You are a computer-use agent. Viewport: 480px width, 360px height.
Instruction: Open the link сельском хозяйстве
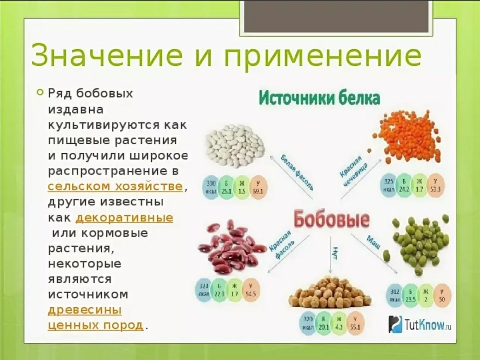(x=115, y=187)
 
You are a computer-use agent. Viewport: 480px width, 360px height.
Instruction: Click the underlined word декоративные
(x=124, y=218)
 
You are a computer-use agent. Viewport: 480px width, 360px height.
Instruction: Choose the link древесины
(x=84, y=310)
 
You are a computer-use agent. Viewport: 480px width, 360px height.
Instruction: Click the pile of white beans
(x=234, y=146)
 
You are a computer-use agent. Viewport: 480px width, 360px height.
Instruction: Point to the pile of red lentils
(x=409, y=138)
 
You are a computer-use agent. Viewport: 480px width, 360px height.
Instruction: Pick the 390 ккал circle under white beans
(x=211, y=187)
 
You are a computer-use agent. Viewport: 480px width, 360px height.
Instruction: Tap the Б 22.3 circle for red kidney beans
(x=219, y=290)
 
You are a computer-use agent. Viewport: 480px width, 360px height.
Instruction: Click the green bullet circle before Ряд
(x=39, y=92)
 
